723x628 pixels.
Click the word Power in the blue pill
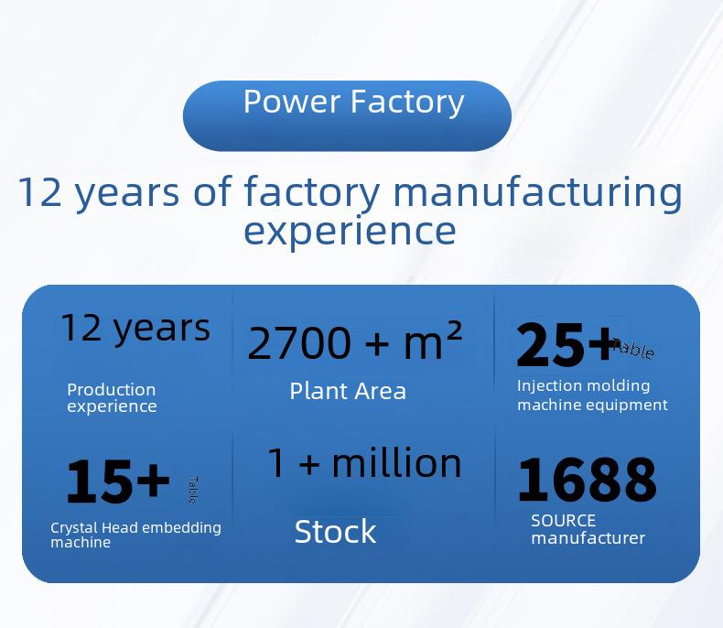(x=292, y=102)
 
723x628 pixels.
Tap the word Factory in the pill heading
(x=407, y=103)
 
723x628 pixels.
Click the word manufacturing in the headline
(x=537, y=192)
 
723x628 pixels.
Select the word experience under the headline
(x=350, y=233)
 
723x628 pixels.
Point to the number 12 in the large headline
(x=40, y=192)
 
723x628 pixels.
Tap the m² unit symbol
(x=433, y=341)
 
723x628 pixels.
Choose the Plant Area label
(x=348, y=392)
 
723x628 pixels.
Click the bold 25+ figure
(x=567, y=345)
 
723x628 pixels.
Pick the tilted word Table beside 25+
(x=635, y=349)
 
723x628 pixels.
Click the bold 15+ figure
(x=118, y=482)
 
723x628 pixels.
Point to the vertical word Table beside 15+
(x=193, y=490)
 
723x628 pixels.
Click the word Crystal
(x=74, y=528)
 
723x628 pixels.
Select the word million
(x=396, y=463)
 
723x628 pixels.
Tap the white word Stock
(x=335, y=532)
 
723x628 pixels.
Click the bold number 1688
(x=587, y=480)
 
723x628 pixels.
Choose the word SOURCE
(x=564, y=521)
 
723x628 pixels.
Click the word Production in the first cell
(x=111, y=390)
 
